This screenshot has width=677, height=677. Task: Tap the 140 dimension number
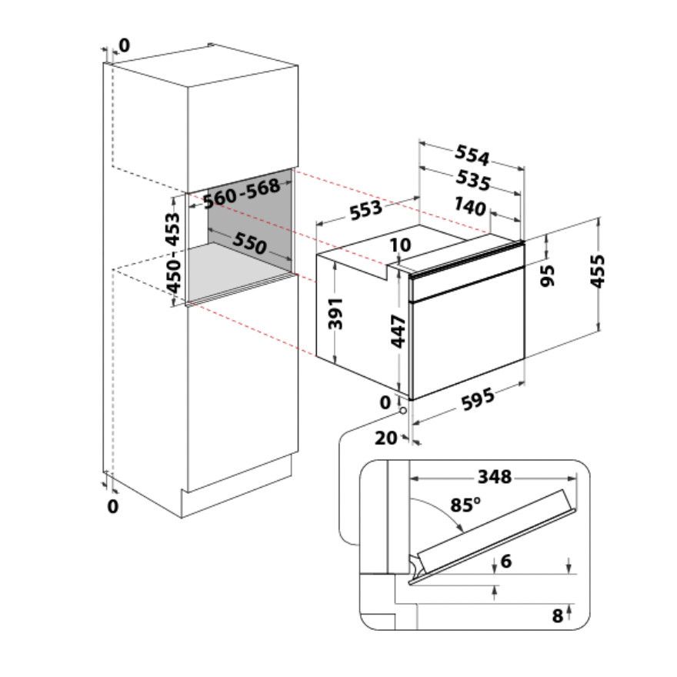coord(469,207)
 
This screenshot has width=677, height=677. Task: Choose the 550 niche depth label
coord(250,244)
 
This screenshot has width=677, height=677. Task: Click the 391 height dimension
coord(337,313)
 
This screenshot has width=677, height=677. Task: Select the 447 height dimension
coord(398,332)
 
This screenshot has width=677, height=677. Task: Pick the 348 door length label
coord(494,477)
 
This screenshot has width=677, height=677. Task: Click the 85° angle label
coord(465,505)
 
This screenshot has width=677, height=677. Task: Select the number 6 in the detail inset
coord(505,562)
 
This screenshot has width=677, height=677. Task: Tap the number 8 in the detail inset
coord(557,615)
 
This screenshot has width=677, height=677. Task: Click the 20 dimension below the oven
coord(387,438)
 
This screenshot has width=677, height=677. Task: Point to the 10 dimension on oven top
coord(401,245)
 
